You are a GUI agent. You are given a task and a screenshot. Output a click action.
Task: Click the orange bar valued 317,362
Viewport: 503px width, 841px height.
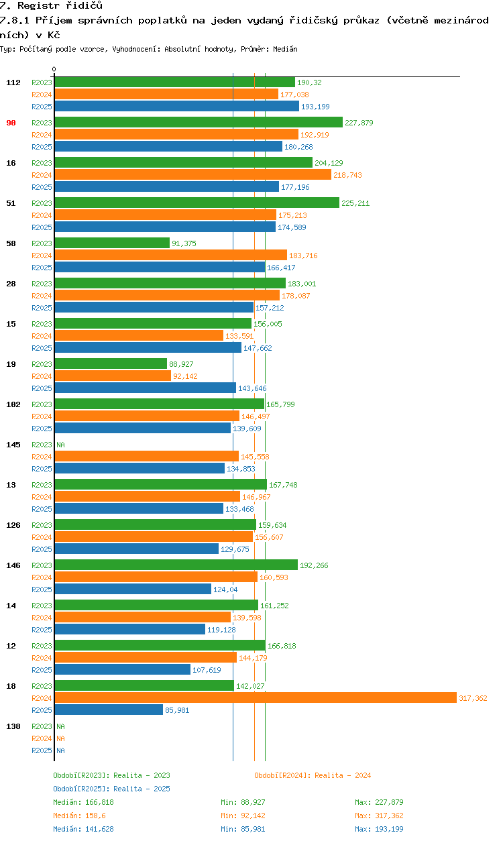click(x=255, y=698)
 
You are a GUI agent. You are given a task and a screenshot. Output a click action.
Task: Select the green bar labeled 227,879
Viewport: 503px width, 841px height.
click(x=198, y=123)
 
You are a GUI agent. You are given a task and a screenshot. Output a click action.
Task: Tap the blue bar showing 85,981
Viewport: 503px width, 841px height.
click(x=109, y=710)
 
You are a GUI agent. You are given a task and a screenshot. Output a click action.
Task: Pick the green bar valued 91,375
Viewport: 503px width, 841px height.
click(x=112, y=243)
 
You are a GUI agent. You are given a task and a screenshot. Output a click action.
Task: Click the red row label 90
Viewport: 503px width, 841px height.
click(x=11, y=123)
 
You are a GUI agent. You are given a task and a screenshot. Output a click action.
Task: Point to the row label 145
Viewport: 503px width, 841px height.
click(x=13, y=445)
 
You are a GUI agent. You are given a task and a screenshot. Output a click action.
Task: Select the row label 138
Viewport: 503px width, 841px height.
click(x=13, y=726)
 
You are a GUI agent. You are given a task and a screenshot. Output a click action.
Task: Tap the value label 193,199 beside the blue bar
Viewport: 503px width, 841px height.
click(x=315, y=107)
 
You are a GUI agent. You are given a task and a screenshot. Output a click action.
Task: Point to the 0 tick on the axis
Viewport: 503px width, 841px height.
click(x=54, y=69)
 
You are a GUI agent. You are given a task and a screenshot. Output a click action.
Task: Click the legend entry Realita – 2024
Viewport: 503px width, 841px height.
click(x=313, y=775)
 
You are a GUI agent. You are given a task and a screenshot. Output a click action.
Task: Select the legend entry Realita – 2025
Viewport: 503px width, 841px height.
click(x=111, y=789)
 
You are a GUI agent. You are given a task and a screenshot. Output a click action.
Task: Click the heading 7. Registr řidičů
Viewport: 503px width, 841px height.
click(x=51, y=5)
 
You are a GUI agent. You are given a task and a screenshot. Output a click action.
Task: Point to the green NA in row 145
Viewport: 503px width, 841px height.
click(x=60, y=445)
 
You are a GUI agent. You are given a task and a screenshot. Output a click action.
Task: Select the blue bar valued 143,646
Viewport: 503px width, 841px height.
click(x=145, y=388)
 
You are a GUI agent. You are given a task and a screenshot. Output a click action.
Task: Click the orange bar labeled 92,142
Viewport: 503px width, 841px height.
click(x=113, y=376)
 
